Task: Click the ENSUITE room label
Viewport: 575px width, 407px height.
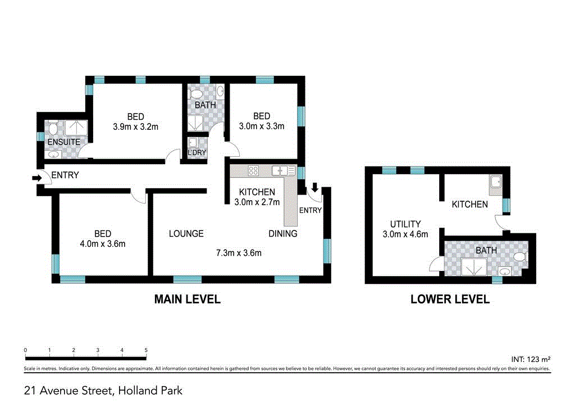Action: point(63,142)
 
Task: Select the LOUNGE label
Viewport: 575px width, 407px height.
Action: point(186,233)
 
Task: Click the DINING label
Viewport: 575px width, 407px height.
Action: point(283,233)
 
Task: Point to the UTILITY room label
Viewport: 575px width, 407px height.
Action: point(401,224)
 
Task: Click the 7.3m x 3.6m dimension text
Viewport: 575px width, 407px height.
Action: point(239,253)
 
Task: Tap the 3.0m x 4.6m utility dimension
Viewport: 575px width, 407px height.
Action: point(401,234)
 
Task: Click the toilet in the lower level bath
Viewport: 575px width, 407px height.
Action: point(519,257)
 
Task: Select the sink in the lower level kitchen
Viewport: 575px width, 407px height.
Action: point(495,181)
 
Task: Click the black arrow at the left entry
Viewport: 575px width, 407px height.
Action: point(37,178)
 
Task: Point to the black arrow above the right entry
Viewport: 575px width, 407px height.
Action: point(314,187)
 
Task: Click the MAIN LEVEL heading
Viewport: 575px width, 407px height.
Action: point(187,300)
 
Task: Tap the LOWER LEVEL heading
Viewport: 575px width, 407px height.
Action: point(450,300)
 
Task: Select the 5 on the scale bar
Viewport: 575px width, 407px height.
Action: point(146,350)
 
